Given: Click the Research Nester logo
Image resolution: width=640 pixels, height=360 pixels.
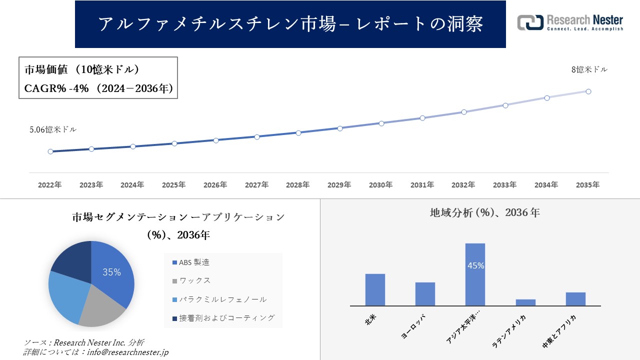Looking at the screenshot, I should coord(570,23).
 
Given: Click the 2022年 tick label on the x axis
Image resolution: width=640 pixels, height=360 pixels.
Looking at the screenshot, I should coord(50,185).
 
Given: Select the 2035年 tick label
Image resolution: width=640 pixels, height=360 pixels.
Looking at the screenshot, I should coord(587,185).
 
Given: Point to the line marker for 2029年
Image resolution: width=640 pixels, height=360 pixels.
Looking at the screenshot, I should coord(340,128).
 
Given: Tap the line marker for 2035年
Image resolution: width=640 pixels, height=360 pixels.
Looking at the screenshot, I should coord(588,91).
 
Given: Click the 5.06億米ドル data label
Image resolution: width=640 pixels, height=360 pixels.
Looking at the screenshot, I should coord(53,129).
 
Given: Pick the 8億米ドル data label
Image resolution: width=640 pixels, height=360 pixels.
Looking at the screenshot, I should coord(589,70).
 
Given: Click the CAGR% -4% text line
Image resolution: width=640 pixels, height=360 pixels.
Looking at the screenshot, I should coord(98,88).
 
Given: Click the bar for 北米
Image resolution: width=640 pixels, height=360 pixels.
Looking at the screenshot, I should coord(375,290).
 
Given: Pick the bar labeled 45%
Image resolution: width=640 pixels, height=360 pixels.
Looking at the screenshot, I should coord(475,275).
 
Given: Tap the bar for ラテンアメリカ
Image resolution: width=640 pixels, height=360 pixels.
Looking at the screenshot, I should coord(525,302).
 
